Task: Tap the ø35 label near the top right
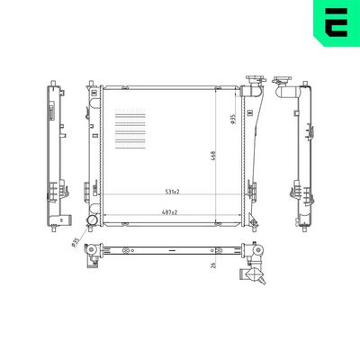pos(233,119)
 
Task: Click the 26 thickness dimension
pos(213,265)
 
